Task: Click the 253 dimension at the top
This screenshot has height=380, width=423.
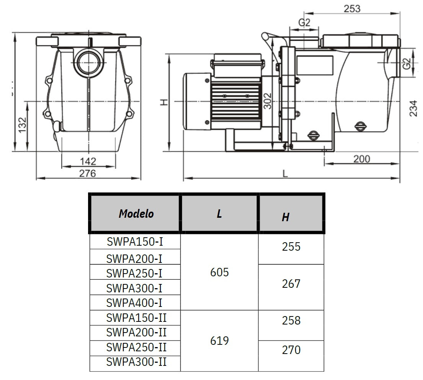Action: point(352,8)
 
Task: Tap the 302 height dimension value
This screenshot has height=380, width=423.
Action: point(268,101)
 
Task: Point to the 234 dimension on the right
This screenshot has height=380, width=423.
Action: point(412,108)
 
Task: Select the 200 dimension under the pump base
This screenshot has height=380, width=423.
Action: point(361,158)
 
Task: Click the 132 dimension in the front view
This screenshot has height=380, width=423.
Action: point(23,125)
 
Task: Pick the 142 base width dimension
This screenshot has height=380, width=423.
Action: point(88,161)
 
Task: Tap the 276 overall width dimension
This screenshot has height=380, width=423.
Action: point(88,173)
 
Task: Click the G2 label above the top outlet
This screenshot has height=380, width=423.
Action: point(304,23)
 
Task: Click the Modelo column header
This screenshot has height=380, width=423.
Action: point(136,214)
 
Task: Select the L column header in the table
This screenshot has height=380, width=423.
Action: point(219,214)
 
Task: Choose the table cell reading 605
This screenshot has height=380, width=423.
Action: point(220,272)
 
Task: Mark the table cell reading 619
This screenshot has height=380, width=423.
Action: point(220,341)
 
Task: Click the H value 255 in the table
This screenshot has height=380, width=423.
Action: point(291,247)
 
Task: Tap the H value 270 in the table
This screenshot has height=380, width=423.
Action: point(291,350)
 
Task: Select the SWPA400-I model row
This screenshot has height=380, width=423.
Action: point(134,303)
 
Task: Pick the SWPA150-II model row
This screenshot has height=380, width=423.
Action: point(137,318)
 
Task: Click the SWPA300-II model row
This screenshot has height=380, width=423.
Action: point(137,362)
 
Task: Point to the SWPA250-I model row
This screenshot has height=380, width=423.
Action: point(134,273)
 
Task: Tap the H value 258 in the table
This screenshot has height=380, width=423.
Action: point(291,320)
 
